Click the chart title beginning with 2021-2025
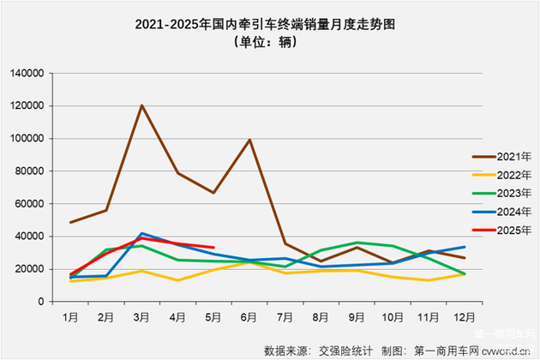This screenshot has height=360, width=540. coord(270,25)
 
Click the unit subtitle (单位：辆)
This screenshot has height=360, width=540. coord(269,43)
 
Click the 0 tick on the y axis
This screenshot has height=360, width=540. coord(40,302)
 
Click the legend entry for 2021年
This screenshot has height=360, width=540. coord(513,156)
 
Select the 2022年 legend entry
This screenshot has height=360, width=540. coord(513,174)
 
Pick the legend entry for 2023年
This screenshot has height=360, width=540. coord(513,193)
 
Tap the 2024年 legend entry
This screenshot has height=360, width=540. coord(513,211)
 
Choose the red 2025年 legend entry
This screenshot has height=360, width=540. coord(513,230)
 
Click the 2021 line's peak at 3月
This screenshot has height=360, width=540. coord(141,105)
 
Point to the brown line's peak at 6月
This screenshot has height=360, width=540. coord(249,140)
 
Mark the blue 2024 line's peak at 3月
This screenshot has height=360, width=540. coord(141,233)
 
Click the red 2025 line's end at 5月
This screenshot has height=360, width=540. coord(213,248)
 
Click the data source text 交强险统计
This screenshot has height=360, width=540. coord(344,349)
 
